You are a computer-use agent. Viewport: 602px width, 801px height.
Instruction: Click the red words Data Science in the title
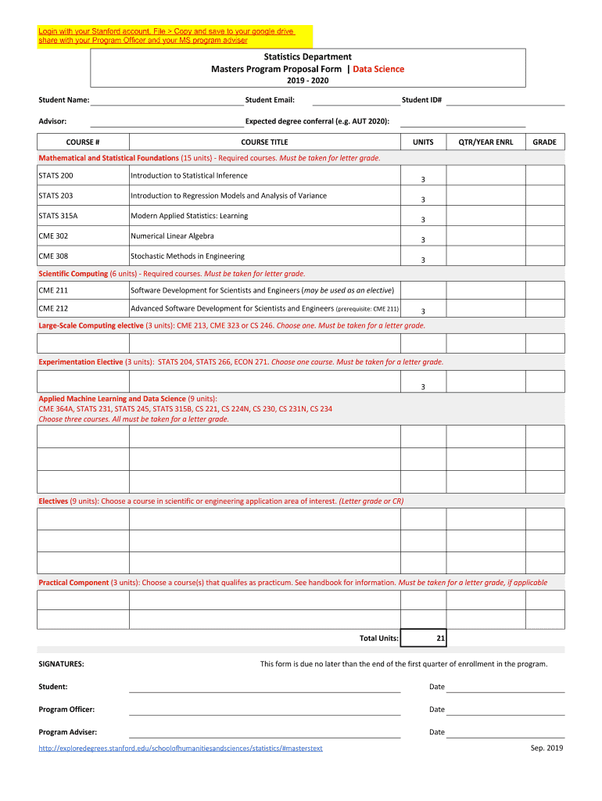coord(378,69)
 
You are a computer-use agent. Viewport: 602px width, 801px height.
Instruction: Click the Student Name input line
coord(167,100)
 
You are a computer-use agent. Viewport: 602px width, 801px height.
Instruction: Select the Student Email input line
coord(355,100)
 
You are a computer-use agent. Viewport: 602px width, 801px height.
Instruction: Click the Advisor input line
coord(167,122)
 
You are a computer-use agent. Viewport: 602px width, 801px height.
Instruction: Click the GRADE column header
coord(544,142)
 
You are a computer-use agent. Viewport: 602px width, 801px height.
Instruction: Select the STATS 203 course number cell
coord(83,196)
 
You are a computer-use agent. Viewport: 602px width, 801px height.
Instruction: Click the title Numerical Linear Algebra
coord(172,236)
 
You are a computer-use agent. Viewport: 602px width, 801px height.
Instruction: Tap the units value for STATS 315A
coord(423,220)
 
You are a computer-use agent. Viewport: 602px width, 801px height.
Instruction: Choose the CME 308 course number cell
coord(83,256)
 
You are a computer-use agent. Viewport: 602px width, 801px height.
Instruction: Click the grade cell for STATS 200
coord(544,176)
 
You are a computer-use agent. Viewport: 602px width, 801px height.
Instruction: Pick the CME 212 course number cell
coord(83,308)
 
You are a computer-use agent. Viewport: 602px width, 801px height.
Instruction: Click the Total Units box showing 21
coord(423,638)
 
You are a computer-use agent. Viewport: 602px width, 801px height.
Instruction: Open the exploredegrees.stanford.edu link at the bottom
coord(181,749)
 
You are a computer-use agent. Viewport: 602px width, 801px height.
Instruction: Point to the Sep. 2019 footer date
coord(546,748)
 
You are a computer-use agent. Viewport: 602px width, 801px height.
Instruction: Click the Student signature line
coord(264,687)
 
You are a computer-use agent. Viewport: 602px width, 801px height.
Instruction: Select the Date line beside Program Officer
coord(505,709)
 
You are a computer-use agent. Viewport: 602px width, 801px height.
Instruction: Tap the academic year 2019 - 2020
coord(307,81)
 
